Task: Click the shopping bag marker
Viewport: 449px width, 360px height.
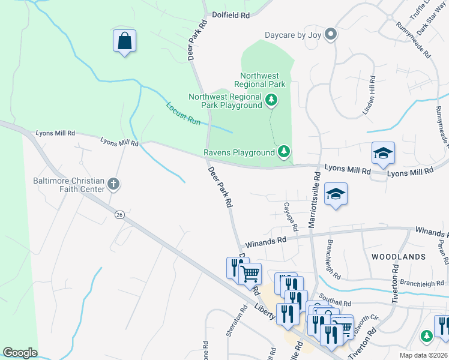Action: (124, 41)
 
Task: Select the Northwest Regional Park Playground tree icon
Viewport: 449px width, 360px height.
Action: (272, 100)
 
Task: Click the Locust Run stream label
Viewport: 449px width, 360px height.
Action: (183, 112)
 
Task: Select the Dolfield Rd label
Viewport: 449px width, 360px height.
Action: (230, 16)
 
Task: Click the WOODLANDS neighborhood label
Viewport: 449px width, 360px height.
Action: (398, 256)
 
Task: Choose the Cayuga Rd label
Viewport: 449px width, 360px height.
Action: (292, 217)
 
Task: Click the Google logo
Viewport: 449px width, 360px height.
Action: (19, 353)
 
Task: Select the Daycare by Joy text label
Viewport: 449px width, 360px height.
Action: (293, 35)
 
